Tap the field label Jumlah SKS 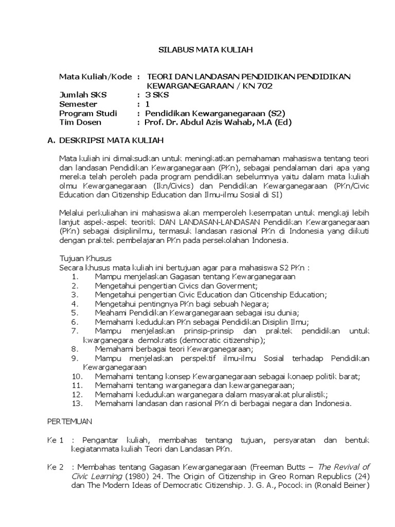[81, 95]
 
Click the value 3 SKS [156, 95]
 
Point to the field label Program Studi [88, 113]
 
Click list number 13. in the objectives [77, 404]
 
